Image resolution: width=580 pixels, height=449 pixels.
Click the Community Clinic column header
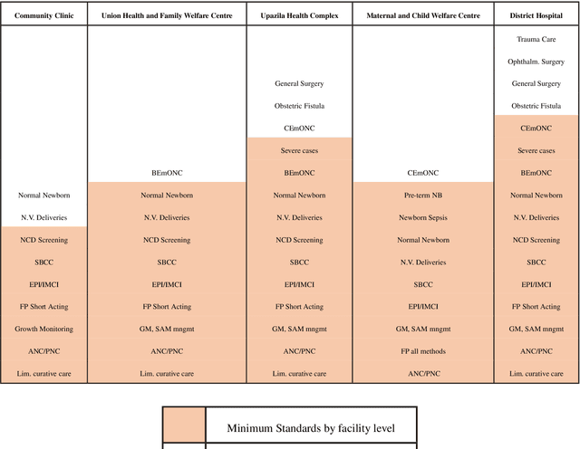(43, 16)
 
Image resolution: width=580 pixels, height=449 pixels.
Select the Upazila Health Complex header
(299, 16)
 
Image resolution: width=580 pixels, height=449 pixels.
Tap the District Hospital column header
(536, 16)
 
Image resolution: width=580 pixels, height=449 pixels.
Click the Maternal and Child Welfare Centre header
(423, 16)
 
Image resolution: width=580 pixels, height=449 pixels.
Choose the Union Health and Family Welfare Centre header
(167, 16)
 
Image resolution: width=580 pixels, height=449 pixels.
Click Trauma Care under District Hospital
(536, 40)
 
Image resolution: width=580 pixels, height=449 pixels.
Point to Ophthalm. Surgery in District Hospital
(536, 62)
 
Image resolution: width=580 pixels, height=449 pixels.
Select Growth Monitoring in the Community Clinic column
(43, 329)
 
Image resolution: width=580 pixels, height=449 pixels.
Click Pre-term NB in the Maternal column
(423, 195)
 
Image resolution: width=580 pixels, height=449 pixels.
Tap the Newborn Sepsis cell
(423, 217)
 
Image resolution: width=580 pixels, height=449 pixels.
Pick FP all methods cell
(423, 351)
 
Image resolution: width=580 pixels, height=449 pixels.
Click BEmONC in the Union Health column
(167, 172)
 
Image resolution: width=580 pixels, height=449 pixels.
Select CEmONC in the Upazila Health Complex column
(299, 129)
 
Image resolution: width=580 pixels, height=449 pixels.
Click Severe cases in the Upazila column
(299, 150)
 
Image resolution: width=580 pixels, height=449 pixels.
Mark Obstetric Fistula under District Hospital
(536, 106)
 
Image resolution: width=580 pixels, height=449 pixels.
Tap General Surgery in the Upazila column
(299, 84)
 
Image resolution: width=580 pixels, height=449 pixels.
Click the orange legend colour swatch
(184, 427)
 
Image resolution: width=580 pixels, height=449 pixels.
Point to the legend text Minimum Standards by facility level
(310, 427)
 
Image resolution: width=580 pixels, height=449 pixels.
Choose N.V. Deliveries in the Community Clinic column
(43, 217)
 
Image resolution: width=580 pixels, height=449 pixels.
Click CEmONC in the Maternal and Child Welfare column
(423, 172)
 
